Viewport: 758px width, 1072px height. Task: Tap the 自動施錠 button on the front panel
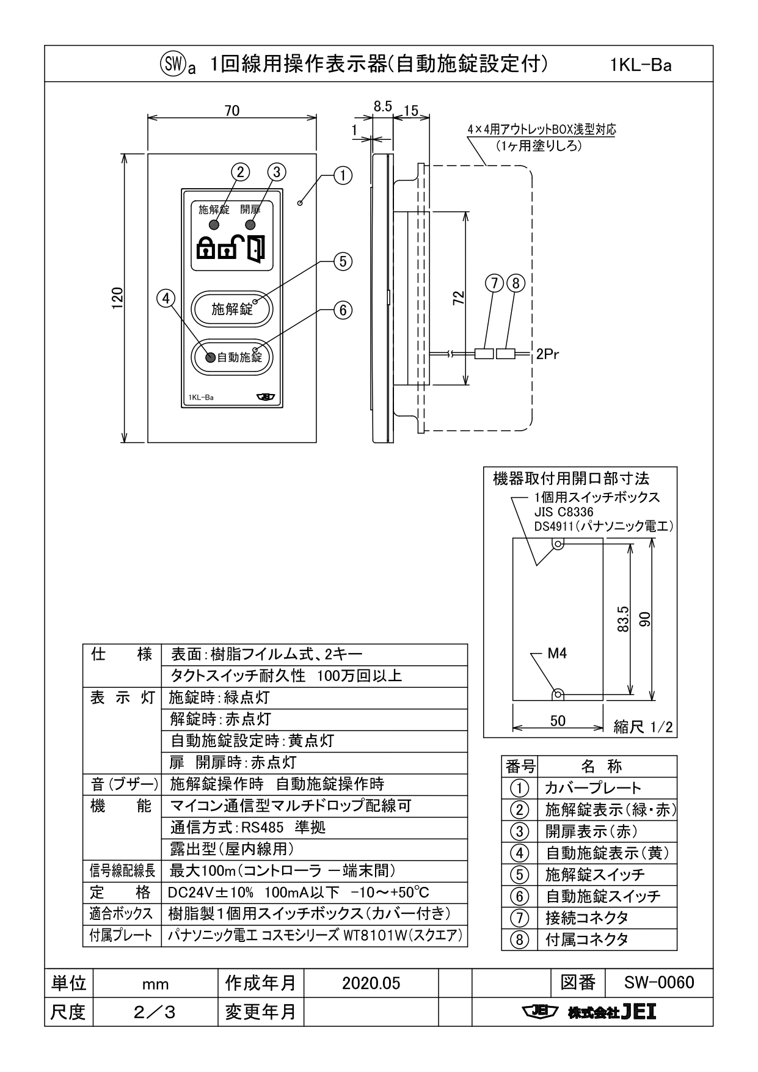pyautogui.click(x=232, y=357)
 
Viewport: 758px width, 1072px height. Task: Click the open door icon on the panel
pyautogui.click(x=257, y=249)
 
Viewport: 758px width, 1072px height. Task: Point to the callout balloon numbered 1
pyautogui.click(x=343, y=176)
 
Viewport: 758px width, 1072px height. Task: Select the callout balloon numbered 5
pyautogui.click(x=343, y=261)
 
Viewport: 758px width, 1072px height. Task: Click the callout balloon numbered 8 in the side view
pyautogui.click(x=517, y=283)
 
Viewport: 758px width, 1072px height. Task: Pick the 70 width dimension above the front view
pyautogui.click(x=232, y=111)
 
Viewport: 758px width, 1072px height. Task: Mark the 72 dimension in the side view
pyautogui.click(x=459, y=297)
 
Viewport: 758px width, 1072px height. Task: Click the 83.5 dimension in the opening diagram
pyautogui.click(x=622, y=619)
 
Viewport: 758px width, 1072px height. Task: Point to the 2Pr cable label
pyautogui.click(x=548, y=354)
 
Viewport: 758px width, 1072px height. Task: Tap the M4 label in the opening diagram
pyautogui.click(x=556, y=654)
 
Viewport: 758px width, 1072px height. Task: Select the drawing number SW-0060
pyautogui.click(x=659, y=982)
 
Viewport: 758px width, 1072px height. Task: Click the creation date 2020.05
pyautogui.click(x=371, y=983)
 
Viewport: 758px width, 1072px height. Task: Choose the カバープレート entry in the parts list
pyautogui.click(x=593, y=788)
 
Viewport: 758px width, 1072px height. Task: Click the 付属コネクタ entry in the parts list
pyautogui.click(x=587, y=939)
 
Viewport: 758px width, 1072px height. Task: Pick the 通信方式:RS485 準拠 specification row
pyautogui.click(x=248, y=827)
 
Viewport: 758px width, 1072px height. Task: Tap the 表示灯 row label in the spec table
pyautogui.click(x=122, y=698)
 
